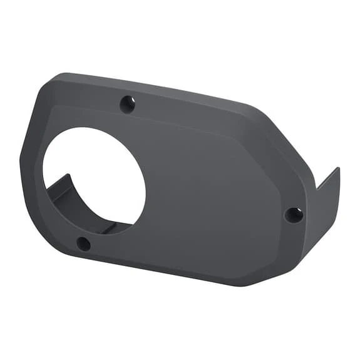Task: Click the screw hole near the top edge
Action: (x=127, y=103)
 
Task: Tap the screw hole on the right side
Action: (x=294, y=215)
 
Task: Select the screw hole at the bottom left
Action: (x=83, y=244)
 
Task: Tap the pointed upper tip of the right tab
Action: (x=337, y=169)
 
